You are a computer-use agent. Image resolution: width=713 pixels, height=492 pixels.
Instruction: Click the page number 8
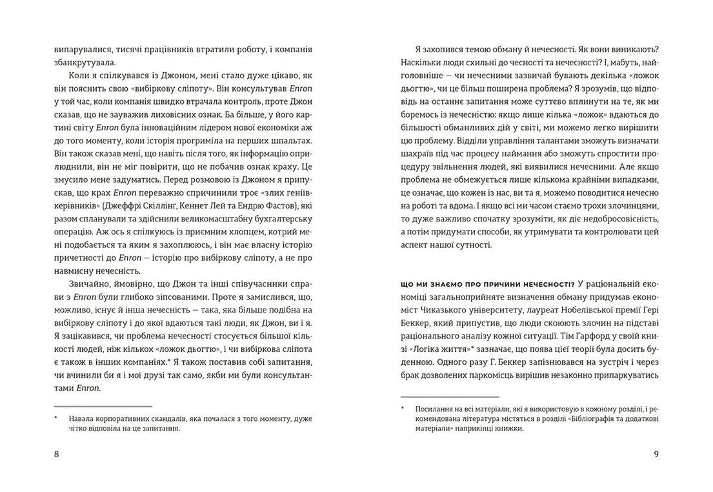click(x=57, y=455)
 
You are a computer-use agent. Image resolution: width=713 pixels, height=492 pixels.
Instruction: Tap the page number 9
click(x=656, y=455)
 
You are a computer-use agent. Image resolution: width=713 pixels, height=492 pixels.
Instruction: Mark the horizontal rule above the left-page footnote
click(x=103, y=406)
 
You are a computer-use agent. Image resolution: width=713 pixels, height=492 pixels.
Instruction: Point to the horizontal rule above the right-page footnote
click(x=450, y=396)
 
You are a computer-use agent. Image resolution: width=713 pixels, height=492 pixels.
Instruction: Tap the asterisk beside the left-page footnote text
click(x=57, y=418)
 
